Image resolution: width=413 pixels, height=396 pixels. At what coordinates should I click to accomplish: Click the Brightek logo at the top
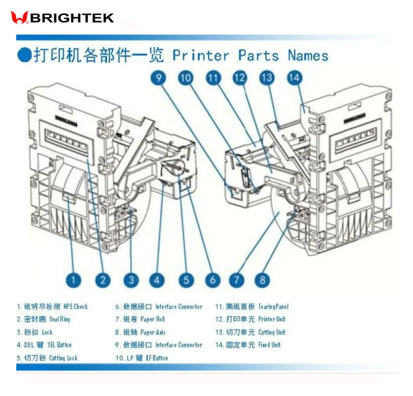pyautogui.click(x=62, y=18)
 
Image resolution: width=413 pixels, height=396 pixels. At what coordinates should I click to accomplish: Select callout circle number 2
pyautogui.click(x=103, y=280)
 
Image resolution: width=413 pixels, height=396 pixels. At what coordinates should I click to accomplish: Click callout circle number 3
pyautogui.click(x=131, y=280)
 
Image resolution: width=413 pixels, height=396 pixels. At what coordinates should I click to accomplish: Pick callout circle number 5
pyautogui.click(x=186, y=280)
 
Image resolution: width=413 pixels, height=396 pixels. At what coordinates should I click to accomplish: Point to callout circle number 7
pyautogui.click(x=237, y=280)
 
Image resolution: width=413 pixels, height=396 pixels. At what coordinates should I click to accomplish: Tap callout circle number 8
pyautogui.click(x=262, y=280)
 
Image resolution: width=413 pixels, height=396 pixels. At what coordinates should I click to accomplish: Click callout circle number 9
pyautogui.click(x=158, y=78)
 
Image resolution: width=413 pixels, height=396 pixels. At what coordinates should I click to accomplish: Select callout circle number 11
pyautogui.click(x=213, y=78)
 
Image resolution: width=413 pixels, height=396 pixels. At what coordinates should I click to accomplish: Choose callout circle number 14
pyautogui.click(x=294, y=78)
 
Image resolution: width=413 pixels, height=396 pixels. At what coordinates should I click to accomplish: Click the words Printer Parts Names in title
pyautogui.click(x=250, y=55)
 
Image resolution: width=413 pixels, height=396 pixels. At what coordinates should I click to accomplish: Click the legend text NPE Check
pyautogui.click(x=76, y=307)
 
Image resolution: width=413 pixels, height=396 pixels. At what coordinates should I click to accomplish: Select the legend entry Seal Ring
pyautogui.click(x=59, y=319)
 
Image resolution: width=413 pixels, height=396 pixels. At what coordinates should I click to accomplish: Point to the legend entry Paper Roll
pyautogui.click(x=152, y=319)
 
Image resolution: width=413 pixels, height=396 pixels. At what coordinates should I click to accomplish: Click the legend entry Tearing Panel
pyautogui.click(x=273, y=307)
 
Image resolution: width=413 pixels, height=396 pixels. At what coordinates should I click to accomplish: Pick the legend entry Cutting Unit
pyautogui.click(x=271, y=332)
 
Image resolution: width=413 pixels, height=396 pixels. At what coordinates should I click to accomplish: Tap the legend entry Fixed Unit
pyautogui.click(x=269, y=345)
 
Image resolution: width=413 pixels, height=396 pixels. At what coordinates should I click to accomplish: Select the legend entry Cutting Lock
pyautogui.click(x=63, y=358)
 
